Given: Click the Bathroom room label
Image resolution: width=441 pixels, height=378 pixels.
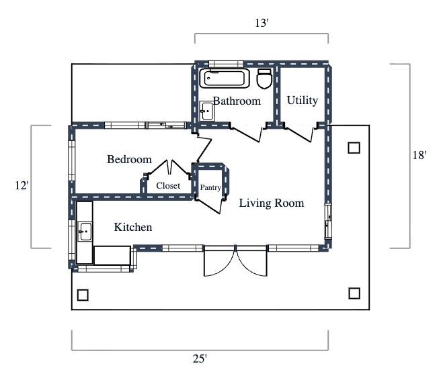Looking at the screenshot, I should coord(237,101).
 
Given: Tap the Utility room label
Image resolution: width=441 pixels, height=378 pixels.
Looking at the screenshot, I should coord(302,101).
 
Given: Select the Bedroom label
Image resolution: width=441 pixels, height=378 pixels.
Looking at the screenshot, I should coord(129,160).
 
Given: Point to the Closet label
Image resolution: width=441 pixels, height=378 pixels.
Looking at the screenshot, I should coord(168,186).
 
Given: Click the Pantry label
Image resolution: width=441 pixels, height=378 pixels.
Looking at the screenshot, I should coord(210,188).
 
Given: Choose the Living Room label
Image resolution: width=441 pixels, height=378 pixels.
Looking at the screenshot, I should coord(272,203).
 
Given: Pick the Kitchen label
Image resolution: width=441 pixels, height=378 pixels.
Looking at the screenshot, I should coord(132,228).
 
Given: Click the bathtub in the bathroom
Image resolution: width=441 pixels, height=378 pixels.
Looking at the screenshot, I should coord(224,78).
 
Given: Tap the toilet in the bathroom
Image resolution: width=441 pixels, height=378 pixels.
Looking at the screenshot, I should coord(264,79).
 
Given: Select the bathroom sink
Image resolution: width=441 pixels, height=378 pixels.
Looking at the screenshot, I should coord(206,111).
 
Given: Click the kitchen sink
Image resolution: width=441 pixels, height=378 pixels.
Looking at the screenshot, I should coord(85,232).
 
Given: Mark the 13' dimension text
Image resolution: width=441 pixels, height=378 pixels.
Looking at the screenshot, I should coord(262,23).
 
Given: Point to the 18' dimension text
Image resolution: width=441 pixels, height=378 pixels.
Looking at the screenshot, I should coord(419,155).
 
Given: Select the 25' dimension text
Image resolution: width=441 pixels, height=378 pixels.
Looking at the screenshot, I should coord(200,359).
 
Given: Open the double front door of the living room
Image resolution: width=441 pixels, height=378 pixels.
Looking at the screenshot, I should coord(235,261).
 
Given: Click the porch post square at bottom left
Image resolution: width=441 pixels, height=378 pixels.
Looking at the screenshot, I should coord(83,294).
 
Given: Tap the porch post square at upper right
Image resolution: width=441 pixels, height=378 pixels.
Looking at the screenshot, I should coord(354,148).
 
